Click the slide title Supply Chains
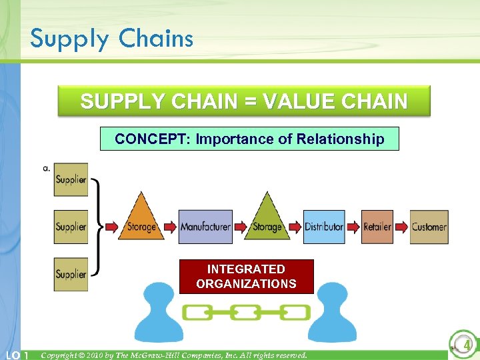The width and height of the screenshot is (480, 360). click(111, 38)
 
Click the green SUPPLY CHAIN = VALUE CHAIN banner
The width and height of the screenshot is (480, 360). click(243, 101)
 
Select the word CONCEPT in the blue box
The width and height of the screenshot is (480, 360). click(142, 139)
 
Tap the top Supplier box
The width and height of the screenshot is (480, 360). click(71, 179)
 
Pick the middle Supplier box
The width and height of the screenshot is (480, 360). click(71, 227)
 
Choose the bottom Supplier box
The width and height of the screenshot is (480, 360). click(71, 274)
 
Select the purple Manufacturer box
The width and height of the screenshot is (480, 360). click(205, 227)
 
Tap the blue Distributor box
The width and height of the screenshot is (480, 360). click(324, 227)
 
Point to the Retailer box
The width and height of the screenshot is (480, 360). click(377, 227)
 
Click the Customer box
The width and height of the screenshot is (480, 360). click(429, 227)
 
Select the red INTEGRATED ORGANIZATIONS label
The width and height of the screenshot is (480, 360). click(246, 277)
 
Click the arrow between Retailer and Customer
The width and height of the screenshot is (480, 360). click(401, 227)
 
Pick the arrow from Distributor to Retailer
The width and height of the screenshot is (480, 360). click(353, 227)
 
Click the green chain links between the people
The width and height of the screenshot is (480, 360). click(247, 312)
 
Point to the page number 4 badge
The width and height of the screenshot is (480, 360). click(463, 345)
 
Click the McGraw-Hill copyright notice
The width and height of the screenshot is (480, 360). click(174, 355)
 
